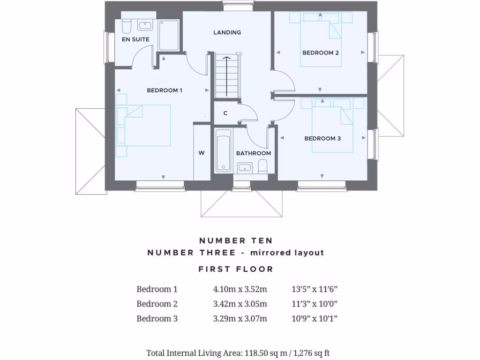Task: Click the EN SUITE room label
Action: click(135, 39)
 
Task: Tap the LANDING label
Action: click(227, 32)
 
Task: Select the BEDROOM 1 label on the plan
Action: click(165, 90)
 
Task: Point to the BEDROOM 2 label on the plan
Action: click(321, 53)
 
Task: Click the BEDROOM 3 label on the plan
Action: click(322, 138)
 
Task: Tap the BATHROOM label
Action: click(253, 153)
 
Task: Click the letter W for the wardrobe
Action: click(202, 153)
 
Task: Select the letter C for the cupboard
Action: click(225, 113)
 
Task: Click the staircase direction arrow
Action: click(227, 75)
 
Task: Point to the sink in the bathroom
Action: click(244, 167)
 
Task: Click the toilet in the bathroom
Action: click(262, 166)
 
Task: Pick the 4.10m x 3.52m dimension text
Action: click(240, 289)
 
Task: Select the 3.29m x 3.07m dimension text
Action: click(240, 319)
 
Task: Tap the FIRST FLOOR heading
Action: click(235, 269)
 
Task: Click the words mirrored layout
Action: click(287, 253)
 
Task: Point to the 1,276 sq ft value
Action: click(311, 353)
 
